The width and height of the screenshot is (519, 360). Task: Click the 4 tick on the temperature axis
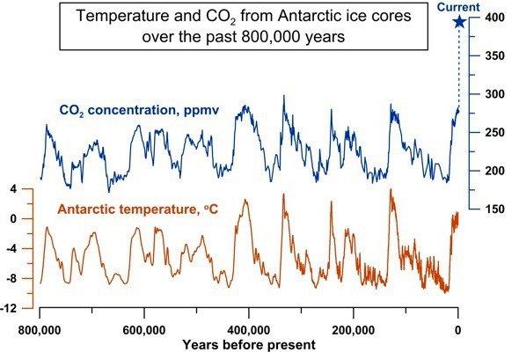click(x=15, y=189)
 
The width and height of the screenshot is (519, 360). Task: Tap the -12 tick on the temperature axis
click(x=11, y=309)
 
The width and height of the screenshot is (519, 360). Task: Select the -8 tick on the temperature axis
click(x=13, y=279)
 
